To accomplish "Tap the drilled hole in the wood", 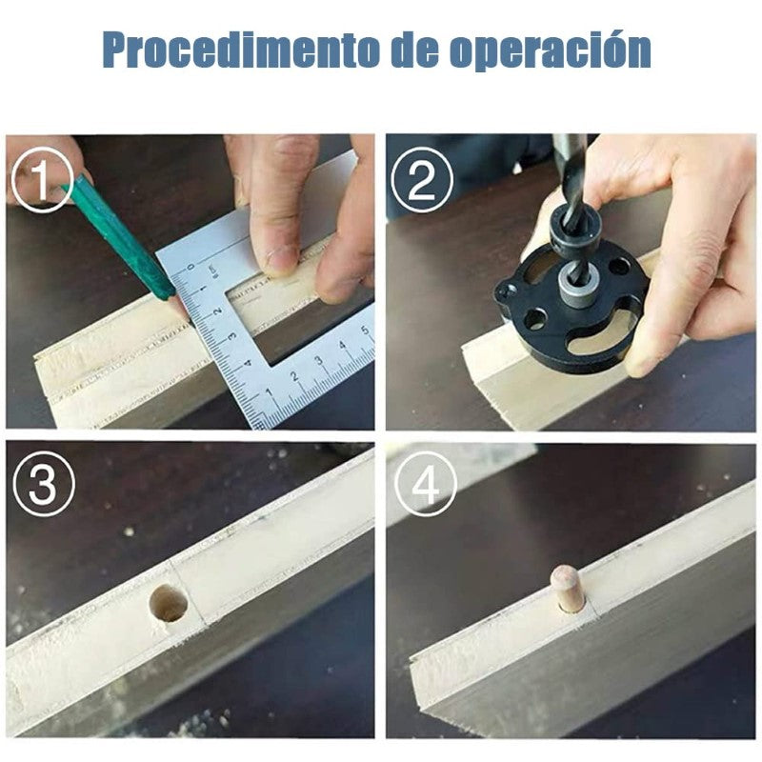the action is coord(169,603).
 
